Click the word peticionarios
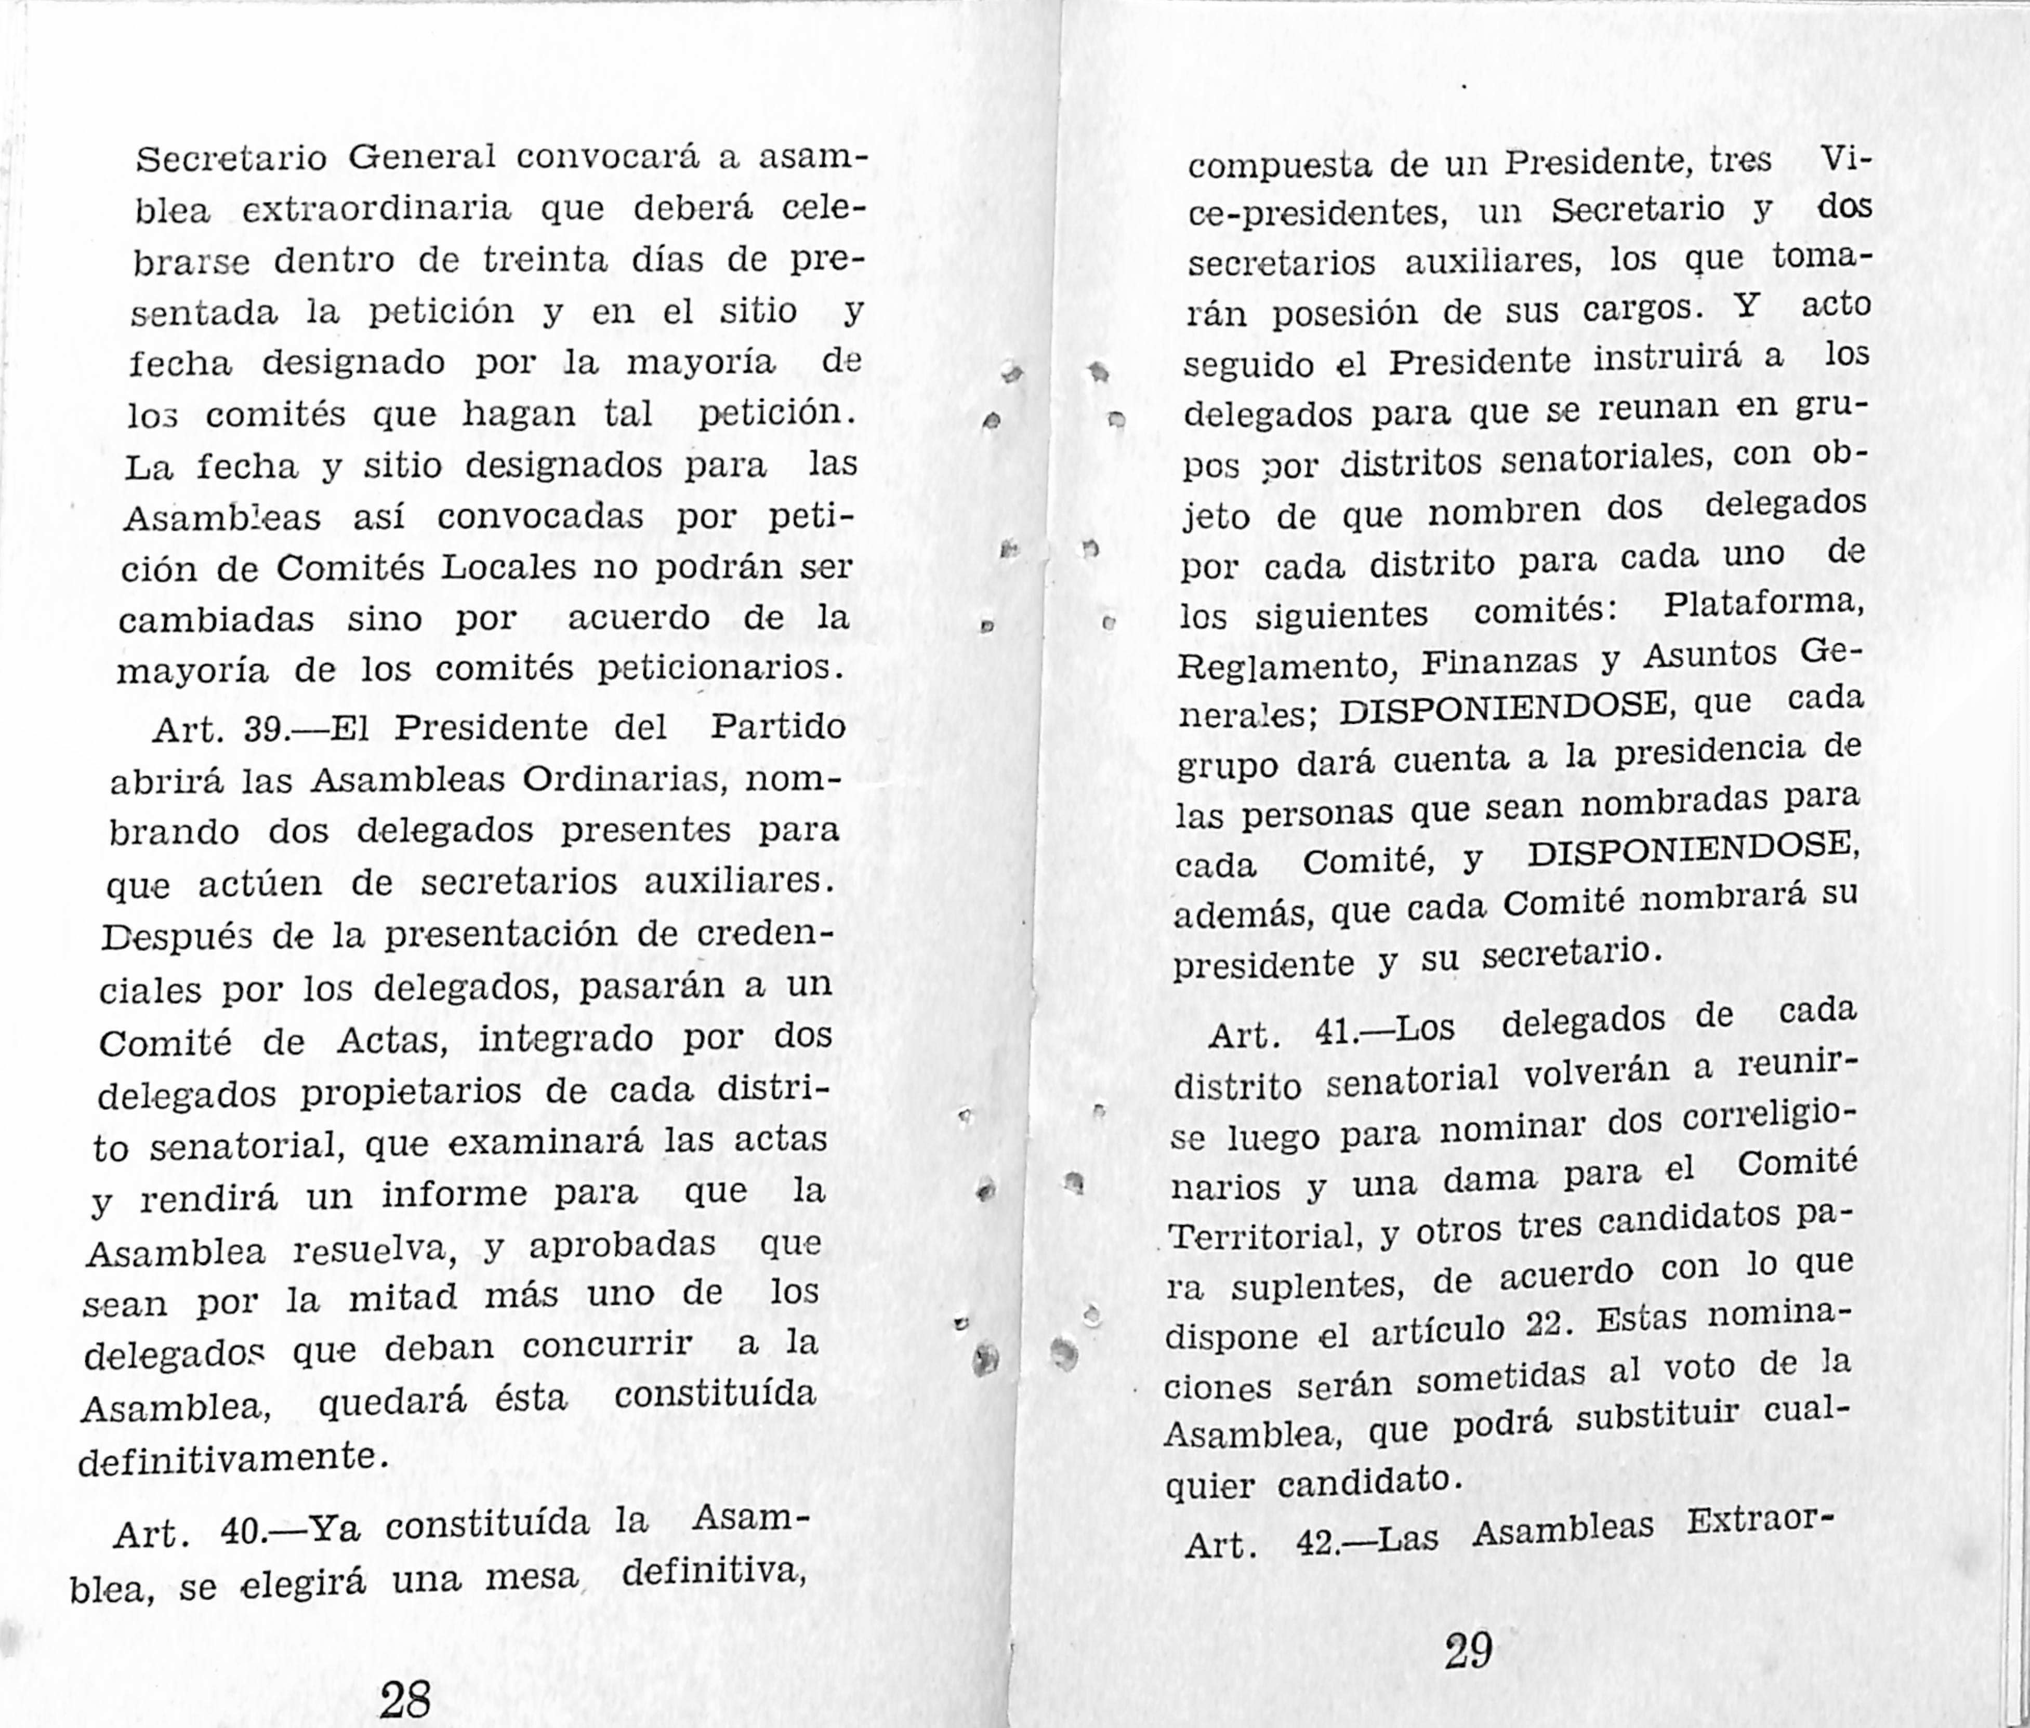(x=720, y=669)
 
